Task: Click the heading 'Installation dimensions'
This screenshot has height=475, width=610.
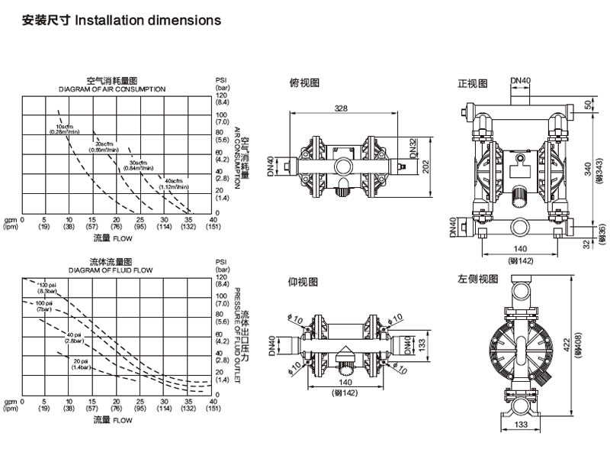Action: pyautogui.click(x=147, y=21)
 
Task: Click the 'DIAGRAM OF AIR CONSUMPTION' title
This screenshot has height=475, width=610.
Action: pyautogui.click(x=112, y=89)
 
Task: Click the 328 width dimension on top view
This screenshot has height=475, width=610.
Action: pyautogui.click(x=341, y=108)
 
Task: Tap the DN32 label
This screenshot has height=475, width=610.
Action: pyautogui.click(x=412, y=146)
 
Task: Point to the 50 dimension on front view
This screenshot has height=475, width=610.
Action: pyautogui.click(x=588, y=105)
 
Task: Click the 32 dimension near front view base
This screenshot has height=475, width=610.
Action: pyautogui.click(x=587, y=244)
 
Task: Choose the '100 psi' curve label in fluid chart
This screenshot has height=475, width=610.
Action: pyautogui.click(x=43, y=305)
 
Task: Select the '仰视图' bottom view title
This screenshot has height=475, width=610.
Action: pyautogui.click(x=303, y=282)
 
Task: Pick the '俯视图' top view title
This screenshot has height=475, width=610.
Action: pyautogui.click(x=303, y=82)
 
